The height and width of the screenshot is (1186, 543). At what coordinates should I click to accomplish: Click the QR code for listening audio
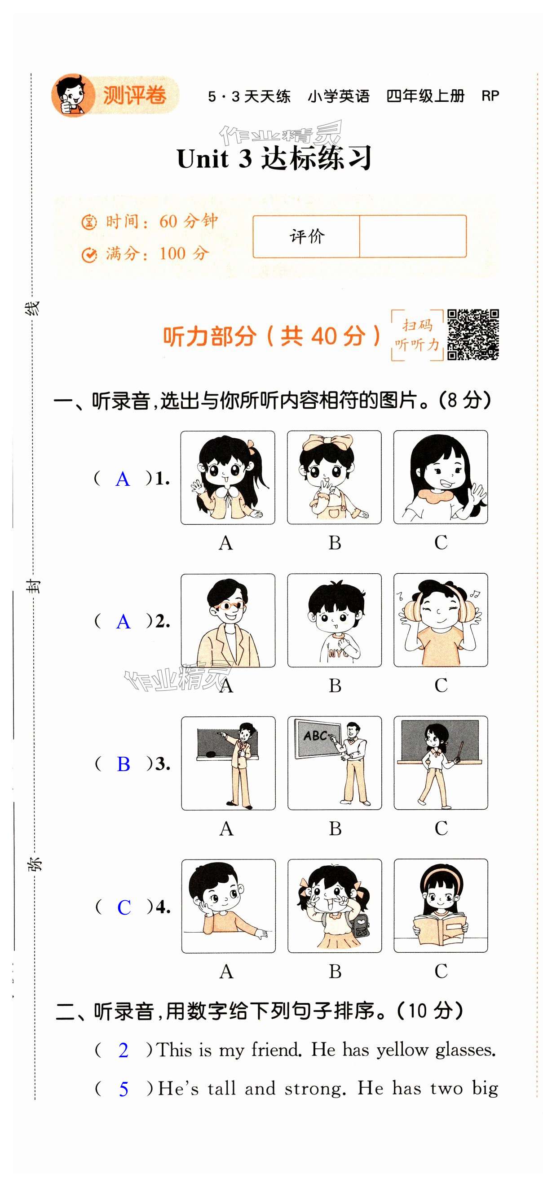[473, 334]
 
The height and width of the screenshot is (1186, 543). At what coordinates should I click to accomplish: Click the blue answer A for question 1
[123, 479]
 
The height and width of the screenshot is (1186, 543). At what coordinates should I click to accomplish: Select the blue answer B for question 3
[124, 764]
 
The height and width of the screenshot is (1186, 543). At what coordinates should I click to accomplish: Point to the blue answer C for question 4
[124, 907]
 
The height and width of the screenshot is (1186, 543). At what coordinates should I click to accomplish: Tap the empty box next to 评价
[413, 236]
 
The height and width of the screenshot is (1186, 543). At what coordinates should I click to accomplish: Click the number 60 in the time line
[168, 222]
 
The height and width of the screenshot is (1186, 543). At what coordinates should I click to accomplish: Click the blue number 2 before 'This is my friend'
[123, 1051]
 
